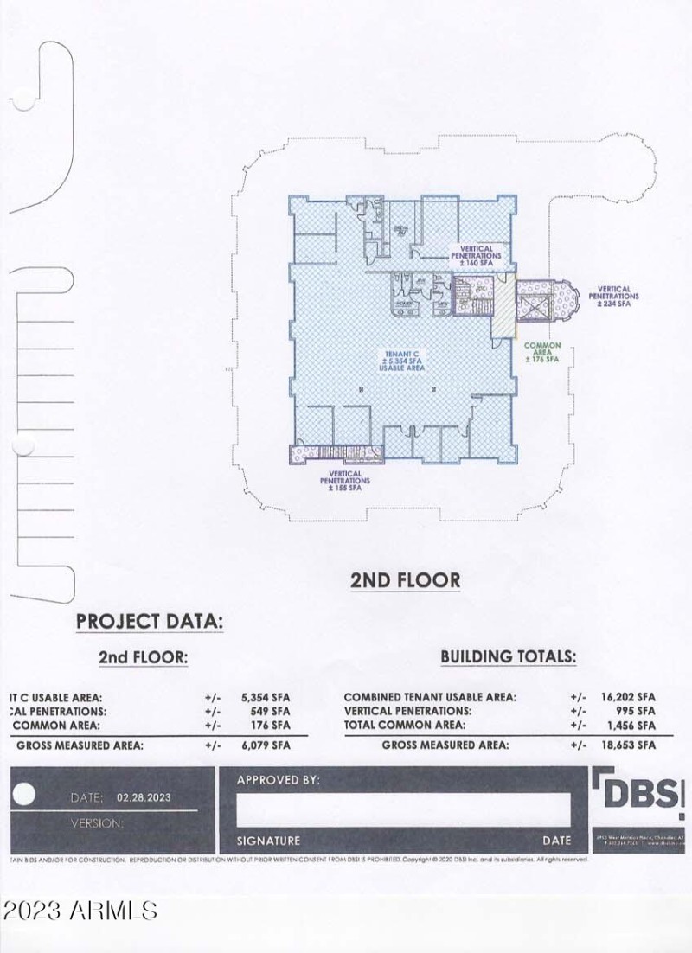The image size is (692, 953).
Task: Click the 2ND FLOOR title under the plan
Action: [x=405, y=580]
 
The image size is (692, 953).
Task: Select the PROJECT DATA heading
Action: [x=150, y=621]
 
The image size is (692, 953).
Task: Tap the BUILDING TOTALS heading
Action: [x=508, y=656]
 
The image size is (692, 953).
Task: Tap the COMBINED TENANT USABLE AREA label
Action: [x=430, y=697]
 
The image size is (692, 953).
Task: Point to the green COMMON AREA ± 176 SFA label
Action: [x=542, y=352]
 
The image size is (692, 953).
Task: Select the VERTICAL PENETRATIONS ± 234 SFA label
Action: [x=613, y=296]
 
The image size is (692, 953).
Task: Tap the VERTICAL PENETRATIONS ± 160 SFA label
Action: [x=476, y=252]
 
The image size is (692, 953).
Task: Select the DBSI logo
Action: [x=638, y=792]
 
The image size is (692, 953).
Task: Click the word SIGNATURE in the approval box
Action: [x=268, y=841]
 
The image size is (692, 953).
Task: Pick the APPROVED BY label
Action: [x=278, y=780]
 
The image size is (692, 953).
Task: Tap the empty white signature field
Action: [x=403, y=809]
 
